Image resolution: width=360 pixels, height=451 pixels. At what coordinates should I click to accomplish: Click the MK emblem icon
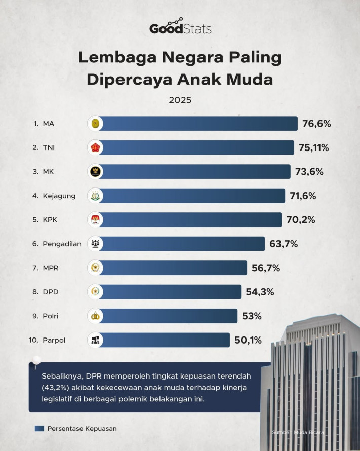click(95, 172)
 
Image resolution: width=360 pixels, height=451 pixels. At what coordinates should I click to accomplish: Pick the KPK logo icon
click(95, 219)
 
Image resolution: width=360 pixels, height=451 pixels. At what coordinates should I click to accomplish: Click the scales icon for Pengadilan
click(95, 244)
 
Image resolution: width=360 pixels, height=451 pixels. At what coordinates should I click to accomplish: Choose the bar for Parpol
click(159, 340)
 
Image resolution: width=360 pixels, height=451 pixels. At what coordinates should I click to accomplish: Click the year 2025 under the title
click(180, 100)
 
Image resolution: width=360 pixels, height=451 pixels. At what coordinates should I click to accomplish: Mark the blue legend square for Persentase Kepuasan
click(39, 428)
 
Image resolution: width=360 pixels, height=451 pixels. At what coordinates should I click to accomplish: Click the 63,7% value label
click(284, 244)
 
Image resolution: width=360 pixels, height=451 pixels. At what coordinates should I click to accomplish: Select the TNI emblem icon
click(95, 147)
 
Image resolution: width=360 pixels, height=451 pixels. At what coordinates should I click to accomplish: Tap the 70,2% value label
click(301, 219)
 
